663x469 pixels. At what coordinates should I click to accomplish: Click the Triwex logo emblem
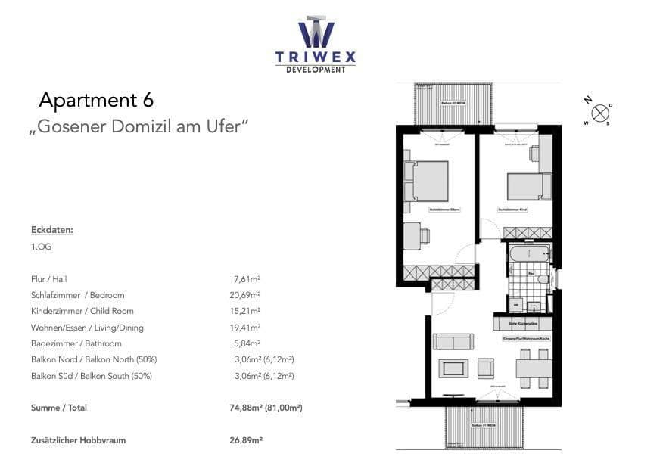(316, 32)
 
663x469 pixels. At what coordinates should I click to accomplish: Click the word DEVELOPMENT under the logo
(316, 70)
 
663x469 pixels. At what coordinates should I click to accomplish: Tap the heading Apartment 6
(96, 100)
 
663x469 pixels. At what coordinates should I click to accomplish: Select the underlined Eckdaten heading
(52, 229)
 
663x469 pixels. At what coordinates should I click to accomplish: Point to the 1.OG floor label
(42, 247)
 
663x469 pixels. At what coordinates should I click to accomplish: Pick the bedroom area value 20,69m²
(249, 295)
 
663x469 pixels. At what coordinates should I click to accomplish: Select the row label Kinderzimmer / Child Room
(82, 311)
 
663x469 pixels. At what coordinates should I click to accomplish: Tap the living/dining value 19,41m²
(249, 328)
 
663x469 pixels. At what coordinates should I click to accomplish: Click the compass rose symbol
(599, 113)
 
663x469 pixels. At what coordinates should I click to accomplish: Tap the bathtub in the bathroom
(530, 253)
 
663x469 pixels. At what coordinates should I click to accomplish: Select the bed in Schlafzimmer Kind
(525, 185)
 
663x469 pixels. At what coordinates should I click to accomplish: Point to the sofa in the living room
(453, 341)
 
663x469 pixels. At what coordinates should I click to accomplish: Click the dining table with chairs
(534, 368)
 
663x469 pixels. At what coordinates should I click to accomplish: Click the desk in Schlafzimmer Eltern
(414, 236)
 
